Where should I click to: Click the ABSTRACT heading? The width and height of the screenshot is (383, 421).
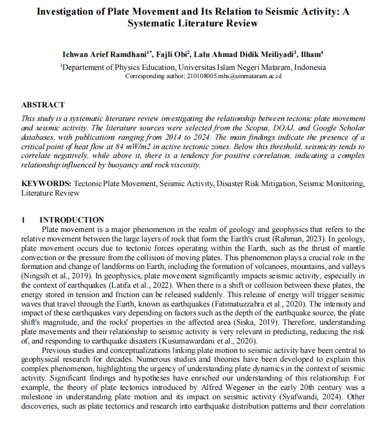point(43,105)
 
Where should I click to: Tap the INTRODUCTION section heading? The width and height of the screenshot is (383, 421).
point(71,220)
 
